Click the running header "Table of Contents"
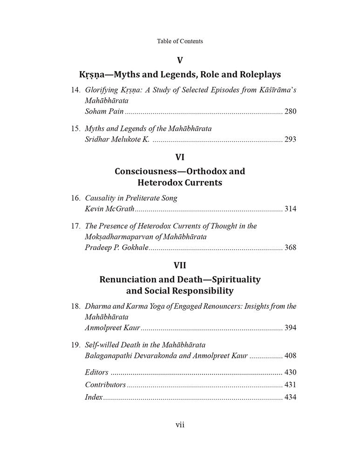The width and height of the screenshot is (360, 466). tap(180, 41)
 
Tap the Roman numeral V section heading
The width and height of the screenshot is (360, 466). tap(180, 60)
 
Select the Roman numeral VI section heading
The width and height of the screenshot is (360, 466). tap(180, 157)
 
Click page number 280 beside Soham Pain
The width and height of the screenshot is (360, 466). tap(290, 111)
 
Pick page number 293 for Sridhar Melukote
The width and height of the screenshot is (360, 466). tap(290, 139)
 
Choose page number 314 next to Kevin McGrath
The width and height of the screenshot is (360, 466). tap(290, 209)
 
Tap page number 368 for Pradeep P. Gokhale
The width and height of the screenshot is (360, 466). tap(290, 247)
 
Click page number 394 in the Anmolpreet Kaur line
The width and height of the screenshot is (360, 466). tap(290, 328)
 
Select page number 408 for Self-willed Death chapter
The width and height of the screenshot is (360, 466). tap(290, 356)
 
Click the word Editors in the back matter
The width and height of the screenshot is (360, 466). tap(97, 372)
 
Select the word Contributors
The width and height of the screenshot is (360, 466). tap(105, 385)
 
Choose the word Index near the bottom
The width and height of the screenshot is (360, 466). tap(94, 397)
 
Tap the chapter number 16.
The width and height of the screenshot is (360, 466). tap(76, 198)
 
